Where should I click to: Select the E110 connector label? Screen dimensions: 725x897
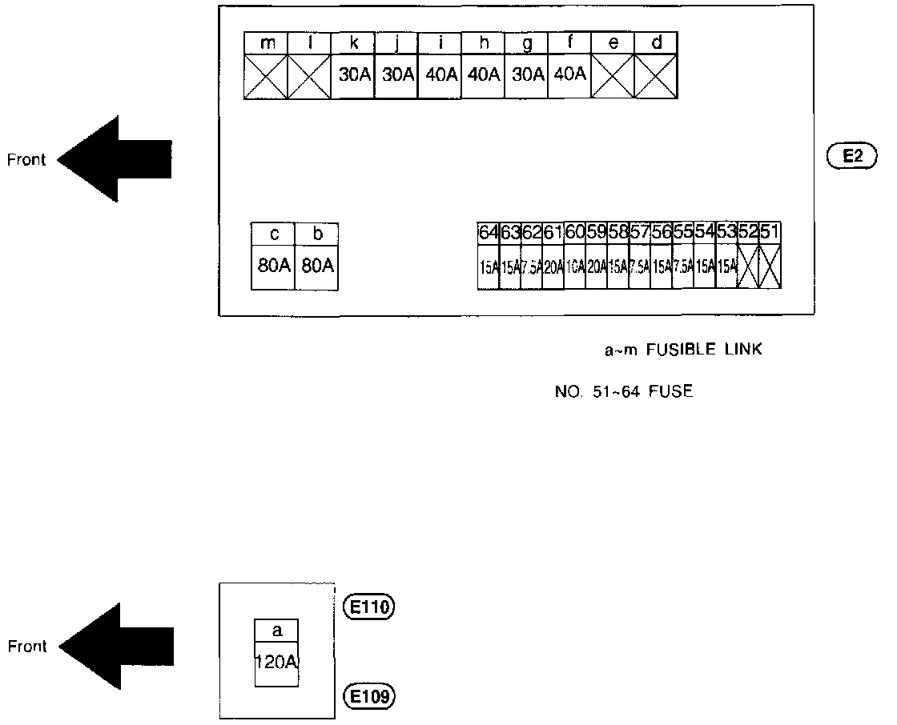[369, 607]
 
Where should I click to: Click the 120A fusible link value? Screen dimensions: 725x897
[277, 663]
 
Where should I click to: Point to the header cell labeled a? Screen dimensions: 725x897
[277, 631]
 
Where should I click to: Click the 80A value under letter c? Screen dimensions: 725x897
[273, 266]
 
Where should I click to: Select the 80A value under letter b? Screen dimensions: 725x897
[317, 266]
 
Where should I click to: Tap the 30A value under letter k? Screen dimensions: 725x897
[353, 75]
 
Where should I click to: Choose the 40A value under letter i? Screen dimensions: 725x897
[440, 75]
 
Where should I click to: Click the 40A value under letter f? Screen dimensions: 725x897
[569, 75]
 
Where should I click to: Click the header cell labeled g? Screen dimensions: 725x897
[526, 43]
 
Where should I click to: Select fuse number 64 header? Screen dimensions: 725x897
[489, 232]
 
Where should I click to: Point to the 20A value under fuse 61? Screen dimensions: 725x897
[553, 267]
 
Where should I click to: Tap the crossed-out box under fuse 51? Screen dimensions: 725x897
[770, 267]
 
